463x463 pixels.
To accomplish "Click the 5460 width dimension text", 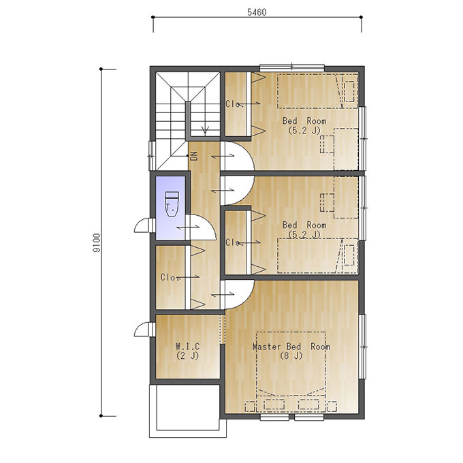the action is (x=257, y=12).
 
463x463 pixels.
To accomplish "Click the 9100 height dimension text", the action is (x=97, y=242).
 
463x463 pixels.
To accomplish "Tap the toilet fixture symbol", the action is (x=172, y=204).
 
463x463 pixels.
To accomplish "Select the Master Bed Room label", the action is (x=291, y=347).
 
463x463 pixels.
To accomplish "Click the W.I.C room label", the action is (x=188, y=346).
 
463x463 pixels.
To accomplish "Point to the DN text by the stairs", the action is (x=194, y=156).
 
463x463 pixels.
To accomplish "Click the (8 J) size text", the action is (x=291, y=356).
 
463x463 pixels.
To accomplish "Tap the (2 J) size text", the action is (x=188, y=356).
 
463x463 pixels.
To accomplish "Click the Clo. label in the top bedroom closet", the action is (x=234, y=104).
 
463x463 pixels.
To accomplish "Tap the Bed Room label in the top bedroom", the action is (x=304, y=121).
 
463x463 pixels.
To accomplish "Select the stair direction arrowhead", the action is (x=205, y=130).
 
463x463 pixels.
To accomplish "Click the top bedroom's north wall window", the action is (x=291, y=67).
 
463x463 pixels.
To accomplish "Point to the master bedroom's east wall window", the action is (x=363, y=347).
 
